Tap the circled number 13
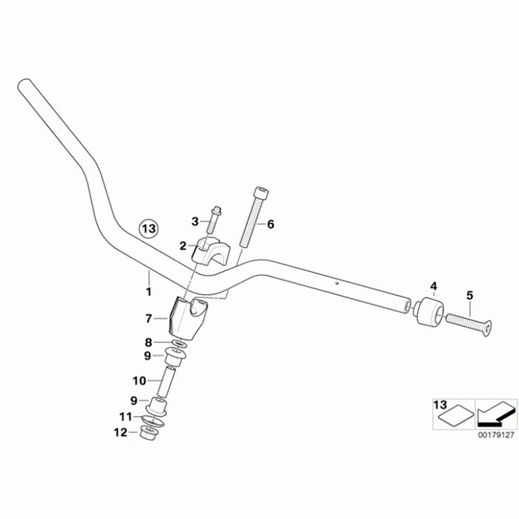coord(149,228)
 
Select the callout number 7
coord(149,318)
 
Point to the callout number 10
coord(139,381)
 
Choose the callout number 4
coord(434,285)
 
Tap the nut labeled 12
coord(146,433)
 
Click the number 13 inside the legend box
coord(440,405)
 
